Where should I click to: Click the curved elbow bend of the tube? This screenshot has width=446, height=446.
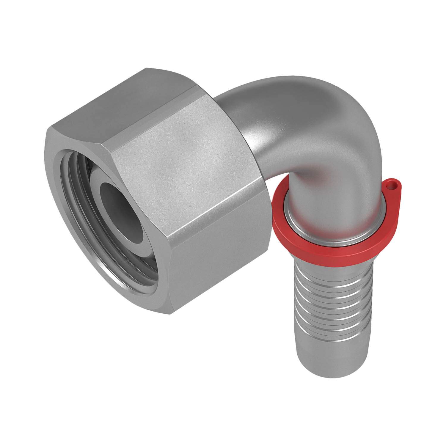(x=297, y=125)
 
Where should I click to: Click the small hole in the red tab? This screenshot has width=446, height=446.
(x=392, y=187)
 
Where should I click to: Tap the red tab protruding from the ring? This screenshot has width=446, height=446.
(x=390, y=190)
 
